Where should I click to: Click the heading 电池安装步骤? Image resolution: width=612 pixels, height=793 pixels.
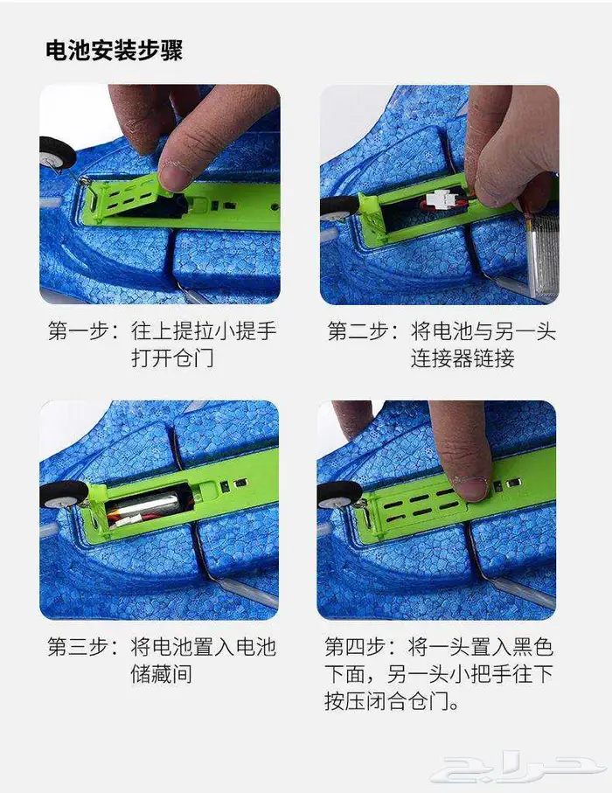click(114, 50)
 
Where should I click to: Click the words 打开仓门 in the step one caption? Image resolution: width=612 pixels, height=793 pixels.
click(172, 358)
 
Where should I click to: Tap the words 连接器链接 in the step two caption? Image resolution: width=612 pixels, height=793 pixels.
click(462, 358)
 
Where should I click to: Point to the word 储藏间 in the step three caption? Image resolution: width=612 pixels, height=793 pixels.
click(162, 673)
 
